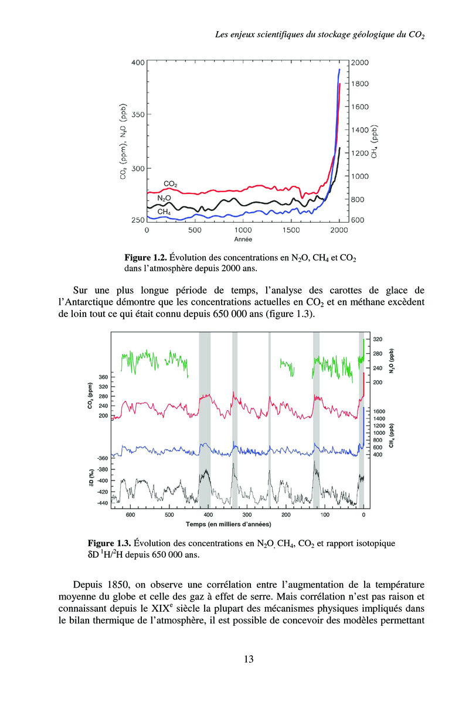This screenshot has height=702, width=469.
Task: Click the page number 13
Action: pyautogui.click(x=248, y=659)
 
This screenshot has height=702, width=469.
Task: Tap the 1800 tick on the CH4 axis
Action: pyautogui.click(x=361, y=84)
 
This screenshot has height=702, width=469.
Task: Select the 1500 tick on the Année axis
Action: pyautogui.click(x=291, y=230)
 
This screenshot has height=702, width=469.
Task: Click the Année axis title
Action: pyautogui.click(x=243, y=240)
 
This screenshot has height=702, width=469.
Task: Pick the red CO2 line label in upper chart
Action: pyautogui.click(x=170, y=184)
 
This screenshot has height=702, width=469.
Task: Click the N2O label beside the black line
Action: pyautogui.click(x=164, y=198)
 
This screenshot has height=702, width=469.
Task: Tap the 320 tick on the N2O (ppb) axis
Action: pyautogui.click(x=378, y=339)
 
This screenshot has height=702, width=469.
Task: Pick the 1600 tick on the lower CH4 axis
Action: pyautogui.click(x=379, y=411)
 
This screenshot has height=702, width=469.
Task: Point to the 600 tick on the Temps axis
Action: pyautogui.click(x=130, y=515)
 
